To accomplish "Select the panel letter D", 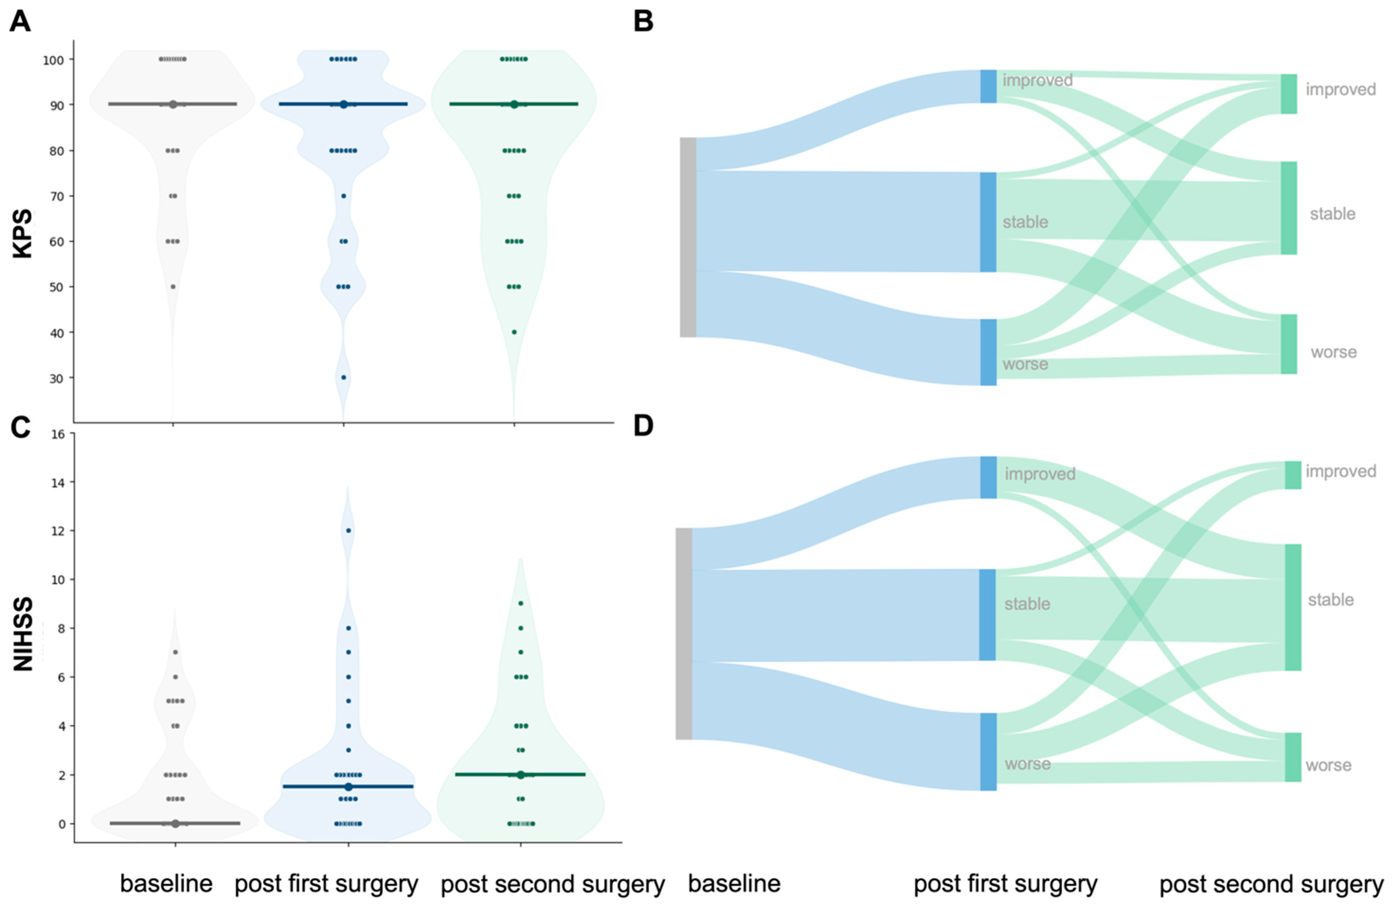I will (643, 426).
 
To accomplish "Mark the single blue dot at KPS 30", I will (344, 377).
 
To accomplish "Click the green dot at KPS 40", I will (514, 332).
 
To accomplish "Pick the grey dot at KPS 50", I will (173, 287).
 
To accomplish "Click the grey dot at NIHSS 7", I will (175, 652).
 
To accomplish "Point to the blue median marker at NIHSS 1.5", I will (348, 787).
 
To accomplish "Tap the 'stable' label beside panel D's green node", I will (1331, 600).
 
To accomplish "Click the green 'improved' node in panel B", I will (1289, 93).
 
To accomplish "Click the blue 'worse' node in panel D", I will (988, 752).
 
